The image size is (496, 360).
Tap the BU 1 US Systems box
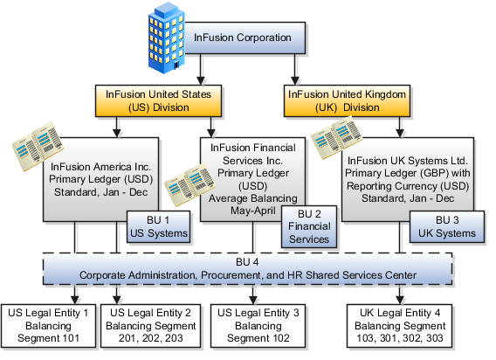coord(159,225)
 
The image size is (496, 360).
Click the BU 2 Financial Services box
coord(312,225)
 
